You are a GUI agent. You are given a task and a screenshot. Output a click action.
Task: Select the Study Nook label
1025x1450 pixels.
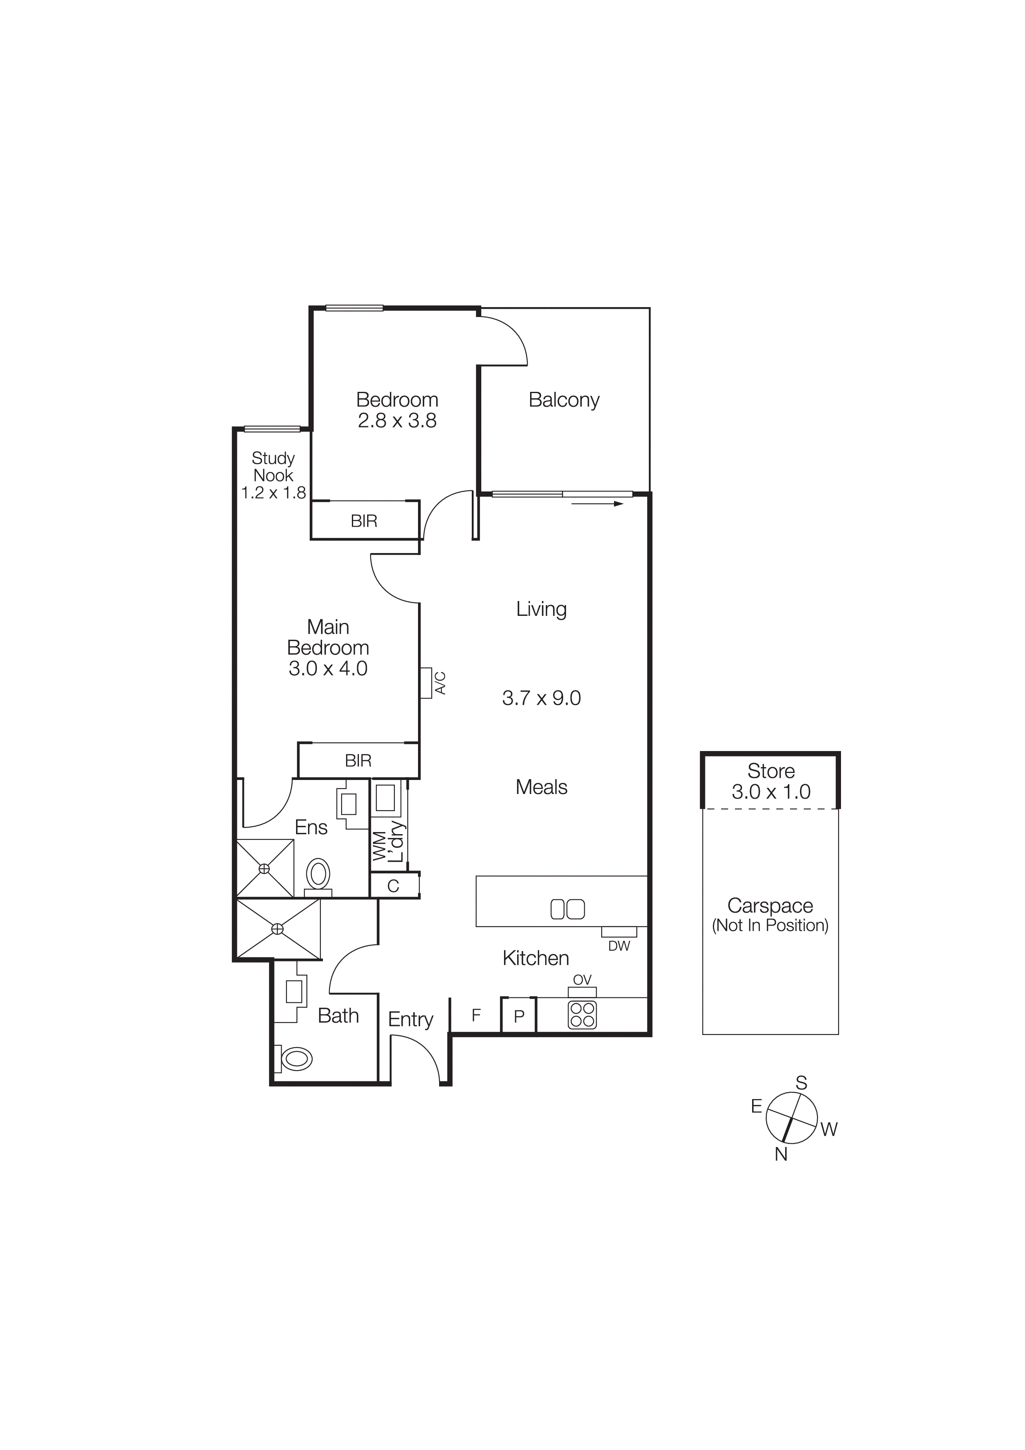pos(273,467)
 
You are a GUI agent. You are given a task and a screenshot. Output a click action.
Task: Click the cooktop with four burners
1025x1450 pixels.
pos(582,1015)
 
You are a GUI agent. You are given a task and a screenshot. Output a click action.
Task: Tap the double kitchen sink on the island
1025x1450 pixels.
pos(567,909)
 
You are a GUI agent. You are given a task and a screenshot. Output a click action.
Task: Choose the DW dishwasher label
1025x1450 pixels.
pos(619,946)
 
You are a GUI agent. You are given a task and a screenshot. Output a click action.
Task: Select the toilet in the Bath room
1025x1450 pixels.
pos(296,1059)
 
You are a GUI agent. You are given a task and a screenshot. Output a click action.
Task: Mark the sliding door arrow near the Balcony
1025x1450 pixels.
pos(597,504)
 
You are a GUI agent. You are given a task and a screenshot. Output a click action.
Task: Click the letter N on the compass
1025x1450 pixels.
pos(781,1154)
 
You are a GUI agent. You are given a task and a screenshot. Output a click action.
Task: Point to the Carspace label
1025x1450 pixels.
pos(770,906)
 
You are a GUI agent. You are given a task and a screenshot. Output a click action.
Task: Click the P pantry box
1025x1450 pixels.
pos(518,1016)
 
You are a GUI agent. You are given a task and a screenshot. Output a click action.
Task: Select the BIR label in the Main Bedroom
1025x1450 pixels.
pos(358,761)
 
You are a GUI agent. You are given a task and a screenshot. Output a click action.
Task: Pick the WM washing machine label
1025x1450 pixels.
pos(379,846)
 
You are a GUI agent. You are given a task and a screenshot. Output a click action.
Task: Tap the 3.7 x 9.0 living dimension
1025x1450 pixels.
pos(541,698)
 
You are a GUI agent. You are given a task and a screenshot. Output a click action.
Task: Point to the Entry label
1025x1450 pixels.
pos(411,1019)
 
